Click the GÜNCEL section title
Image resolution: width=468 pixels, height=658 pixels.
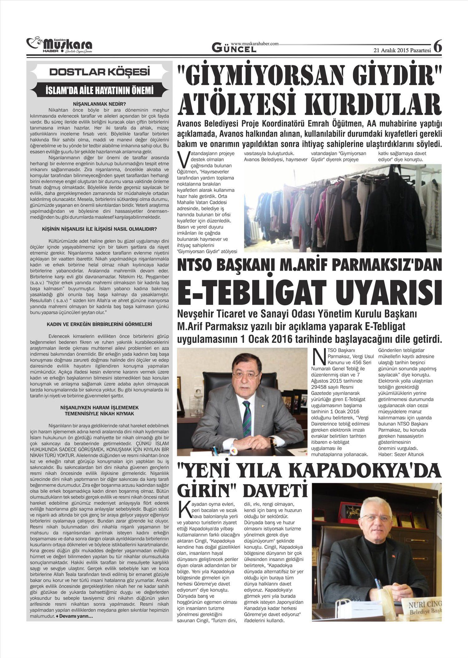[x=234, y=48]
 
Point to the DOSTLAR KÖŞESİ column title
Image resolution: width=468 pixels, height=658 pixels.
[x=100, y=72]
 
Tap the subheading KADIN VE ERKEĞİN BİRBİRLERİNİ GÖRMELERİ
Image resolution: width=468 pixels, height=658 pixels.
[x=99, y=324]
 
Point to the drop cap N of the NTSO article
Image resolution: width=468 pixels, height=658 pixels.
[x=318, y=355]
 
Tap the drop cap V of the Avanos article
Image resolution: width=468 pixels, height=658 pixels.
[x=183, y=159]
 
